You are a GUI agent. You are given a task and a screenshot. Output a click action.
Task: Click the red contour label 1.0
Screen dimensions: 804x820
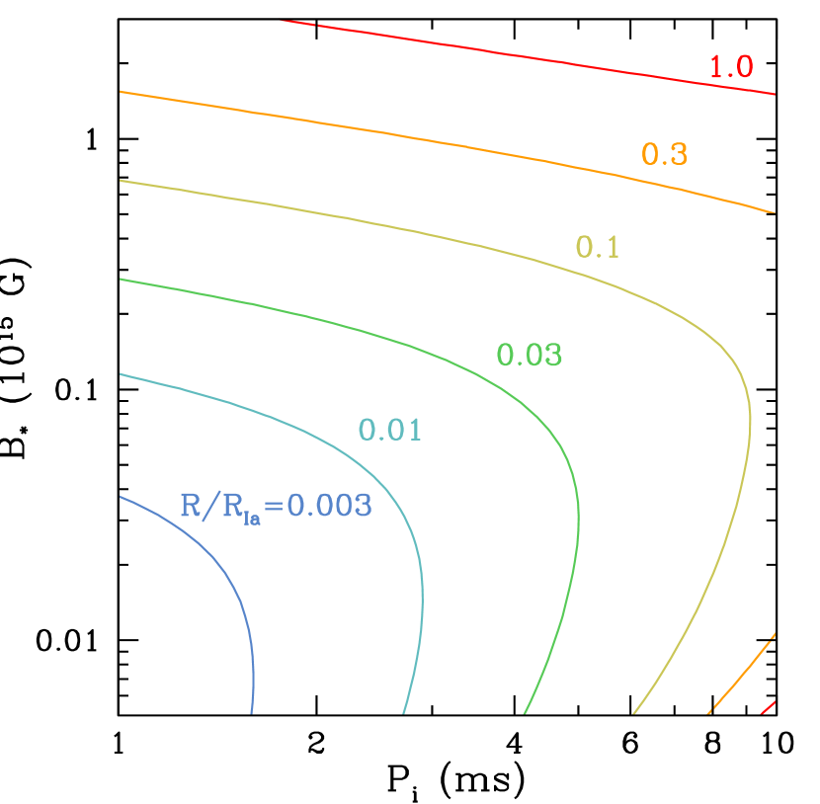731,67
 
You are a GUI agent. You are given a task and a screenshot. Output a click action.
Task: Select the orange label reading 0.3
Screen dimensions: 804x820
664,154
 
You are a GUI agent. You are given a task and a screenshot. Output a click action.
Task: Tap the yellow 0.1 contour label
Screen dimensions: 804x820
598,247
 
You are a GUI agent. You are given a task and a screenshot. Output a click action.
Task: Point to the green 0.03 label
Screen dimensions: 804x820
530,355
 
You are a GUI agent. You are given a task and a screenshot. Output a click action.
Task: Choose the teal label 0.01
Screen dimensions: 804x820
390,430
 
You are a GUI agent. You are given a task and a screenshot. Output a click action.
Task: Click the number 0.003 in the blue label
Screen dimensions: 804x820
329,506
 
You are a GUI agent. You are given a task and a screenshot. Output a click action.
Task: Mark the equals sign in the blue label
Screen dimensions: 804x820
273,507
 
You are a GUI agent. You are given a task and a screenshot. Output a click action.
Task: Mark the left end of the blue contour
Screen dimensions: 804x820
122,497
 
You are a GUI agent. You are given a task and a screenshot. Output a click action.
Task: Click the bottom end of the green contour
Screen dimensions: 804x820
525,710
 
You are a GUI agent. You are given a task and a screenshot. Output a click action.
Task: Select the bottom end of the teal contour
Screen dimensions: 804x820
404,710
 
